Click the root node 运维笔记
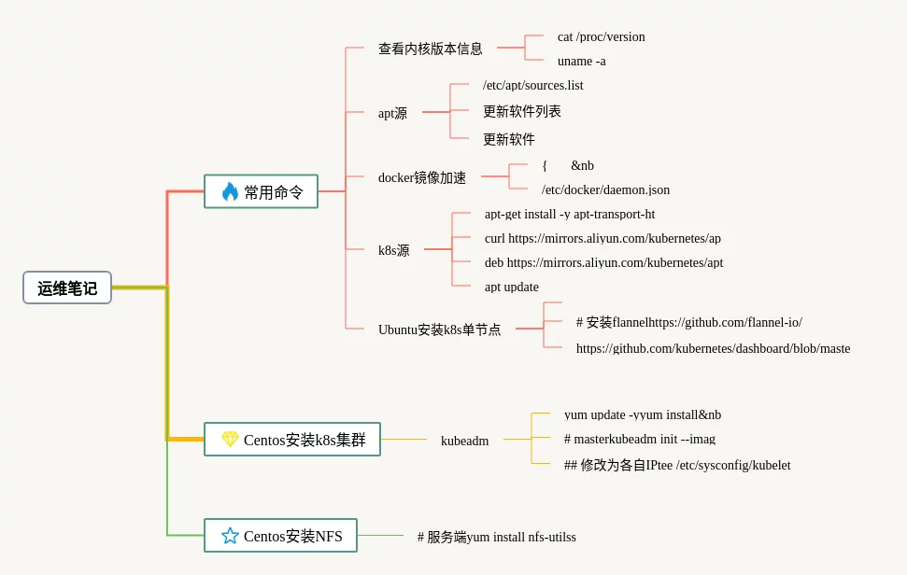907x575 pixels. pos(67,287)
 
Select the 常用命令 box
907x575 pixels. pos(262,191)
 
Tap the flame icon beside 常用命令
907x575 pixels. pos(230,191)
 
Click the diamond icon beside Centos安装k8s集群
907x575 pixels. pos(230,439)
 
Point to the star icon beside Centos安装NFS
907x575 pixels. pos(230,536)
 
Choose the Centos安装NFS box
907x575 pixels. pos(281,536)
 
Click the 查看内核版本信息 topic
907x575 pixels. pos(430,49)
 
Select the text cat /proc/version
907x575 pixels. pos(601,37)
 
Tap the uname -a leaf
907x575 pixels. pos(581,62)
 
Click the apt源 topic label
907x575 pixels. pos(392,113)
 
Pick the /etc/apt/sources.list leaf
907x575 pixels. pos(532,86)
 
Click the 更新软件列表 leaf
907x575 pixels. pos(521,111)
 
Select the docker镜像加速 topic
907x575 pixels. pos(421,177)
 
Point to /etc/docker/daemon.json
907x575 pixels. pos(605,190)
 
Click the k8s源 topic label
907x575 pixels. pos(393,250)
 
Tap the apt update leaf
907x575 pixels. pos(511,287)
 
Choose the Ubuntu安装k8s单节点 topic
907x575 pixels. pos(439,330)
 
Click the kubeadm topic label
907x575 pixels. pos(464,441)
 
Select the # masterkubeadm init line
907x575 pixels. pos(639,439)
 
